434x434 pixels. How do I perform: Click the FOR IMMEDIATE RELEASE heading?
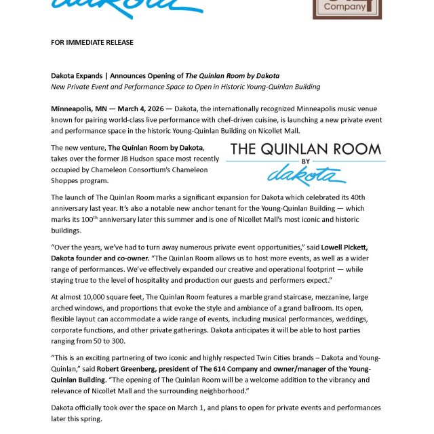(x=92, y=42)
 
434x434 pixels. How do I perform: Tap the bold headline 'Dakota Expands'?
(x=79, y=75)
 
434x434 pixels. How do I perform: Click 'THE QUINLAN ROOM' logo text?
(x=306, y=149)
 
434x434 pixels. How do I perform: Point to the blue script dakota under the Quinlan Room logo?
(x=302, y=175)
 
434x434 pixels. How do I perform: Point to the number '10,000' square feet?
(x=100, y=296)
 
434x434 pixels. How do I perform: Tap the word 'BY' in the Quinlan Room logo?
(x=306, y=162)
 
